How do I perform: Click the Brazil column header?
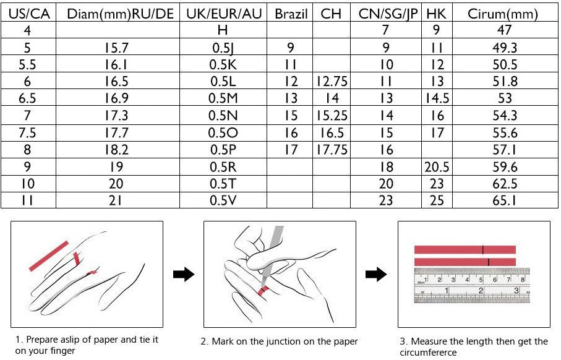(291, 14)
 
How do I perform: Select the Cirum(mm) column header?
(503, 14)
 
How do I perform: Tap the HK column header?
(436, 14)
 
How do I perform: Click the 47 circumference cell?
(505, 30)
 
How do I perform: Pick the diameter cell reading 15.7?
(116, 48)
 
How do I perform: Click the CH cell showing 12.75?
(332, 81)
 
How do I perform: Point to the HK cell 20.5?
(437, 167)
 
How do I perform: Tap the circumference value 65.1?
(505, 200)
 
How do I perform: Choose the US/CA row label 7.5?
(27, 133)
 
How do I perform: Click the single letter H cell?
(223, 30)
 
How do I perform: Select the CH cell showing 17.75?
(332, 150)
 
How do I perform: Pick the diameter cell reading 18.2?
(116, 150)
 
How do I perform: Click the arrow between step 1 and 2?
(184, 275)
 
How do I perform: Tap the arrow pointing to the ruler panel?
(376, 275)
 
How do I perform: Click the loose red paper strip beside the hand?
(49, 256)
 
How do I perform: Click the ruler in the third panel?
(471, 286)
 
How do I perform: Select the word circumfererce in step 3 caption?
(428, 353)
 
